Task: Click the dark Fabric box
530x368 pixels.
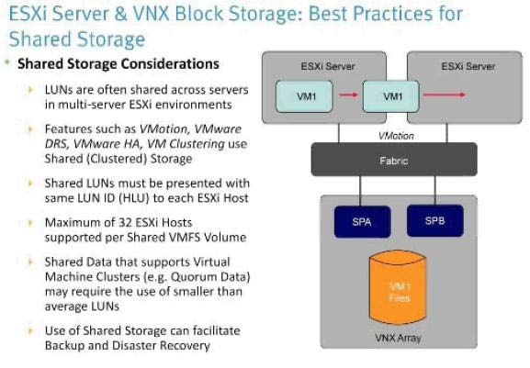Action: [394, 160]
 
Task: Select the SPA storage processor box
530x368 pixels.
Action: [362, 222]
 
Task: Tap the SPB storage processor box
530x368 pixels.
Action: [435, 221]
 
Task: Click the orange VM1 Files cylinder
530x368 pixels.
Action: [398, 290]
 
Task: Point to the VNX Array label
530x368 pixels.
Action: [398, 338]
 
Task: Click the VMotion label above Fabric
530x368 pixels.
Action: [396, 136]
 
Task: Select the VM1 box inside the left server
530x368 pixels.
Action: [304, 96]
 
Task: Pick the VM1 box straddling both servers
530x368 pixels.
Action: [391, 96]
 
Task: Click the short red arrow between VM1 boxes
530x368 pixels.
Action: [348, 95]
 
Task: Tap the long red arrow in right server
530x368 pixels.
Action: [445, 95]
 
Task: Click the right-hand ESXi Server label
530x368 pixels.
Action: [468, 66]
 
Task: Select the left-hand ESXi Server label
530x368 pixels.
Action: [328, 66]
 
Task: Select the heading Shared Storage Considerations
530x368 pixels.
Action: [118, 64]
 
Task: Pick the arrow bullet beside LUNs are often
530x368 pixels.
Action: [30, 89]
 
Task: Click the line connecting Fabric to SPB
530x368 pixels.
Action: [435, 190]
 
